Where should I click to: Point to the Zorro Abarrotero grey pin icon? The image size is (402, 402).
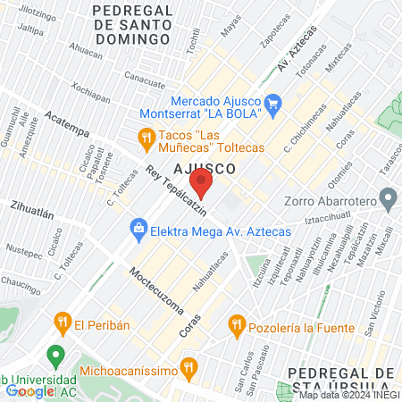click(x=388, y=197)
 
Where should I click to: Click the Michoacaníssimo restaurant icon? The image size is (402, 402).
click(x=188, y=366)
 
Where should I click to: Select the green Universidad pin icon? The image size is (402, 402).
click(x=56, y=356)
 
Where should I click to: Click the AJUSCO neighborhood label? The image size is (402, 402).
click(x=205, y=167)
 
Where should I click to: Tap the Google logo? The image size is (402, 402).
click(x=30, y=390)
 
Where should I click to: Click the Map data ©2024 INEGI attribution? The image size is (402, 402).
click(x=348, y=395)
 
